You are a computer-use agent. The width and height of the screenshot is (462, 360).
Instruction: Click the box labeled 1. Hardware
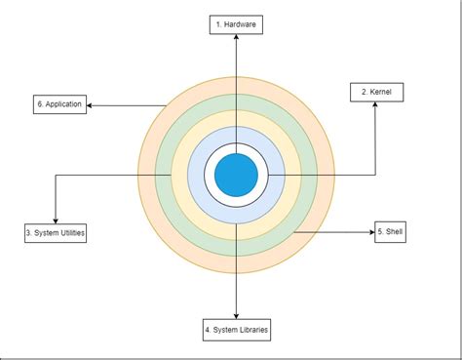click(x=236, y=24)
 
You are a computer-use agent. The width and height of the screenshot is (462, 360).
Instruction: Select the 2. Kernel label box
click(x=376, y=93)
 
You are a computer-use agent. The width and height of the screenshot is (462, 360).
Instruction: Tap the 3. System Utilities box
click(x=56, y=233)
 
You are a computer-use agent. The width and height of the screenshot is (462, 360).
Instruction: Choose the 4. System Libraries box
click(x=237, y=329)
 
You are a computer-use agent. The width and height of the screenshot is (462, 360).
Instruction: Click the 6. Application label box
click(x=59, y=103)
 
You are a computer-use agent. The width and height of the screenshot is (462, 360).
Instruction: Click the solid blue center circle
click(x=236, y=175)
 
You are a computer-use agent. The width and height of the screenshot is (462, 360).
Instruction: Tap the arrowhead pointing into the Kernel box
click(x=376, y=105)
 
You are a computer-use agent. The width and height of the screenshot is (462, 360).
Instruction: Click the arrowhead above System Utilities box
click(x=56, y=220)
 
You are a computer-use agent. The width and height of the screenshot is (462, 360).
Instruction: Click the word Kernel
click(x=381, y=93)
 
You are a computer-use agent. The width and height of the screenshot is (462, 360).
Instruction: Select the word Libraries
click(x=249, y=329)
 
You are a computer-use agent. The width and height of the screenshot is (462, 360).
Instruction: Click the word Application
click(x=63, y=103)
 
